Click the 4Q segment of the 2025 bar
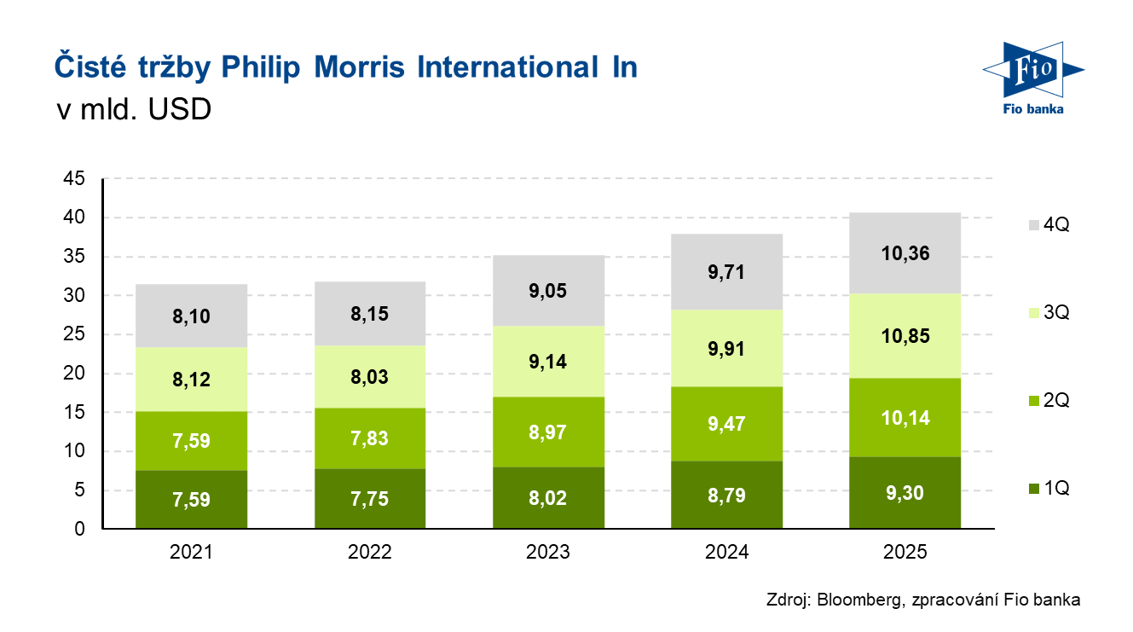coord(905,252)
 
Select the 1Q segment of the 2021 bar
coord(191,500)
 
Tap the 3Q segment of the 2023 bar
coord(548,361)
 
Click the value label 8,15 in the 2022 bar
coord(370,314)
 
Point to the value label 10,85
coord(905,335)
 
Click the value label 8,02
coord(548,499)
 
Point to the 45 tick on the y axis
coord(74,179)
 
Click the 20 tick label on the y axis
coord(74,374)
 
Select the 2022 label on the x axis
coord(370,553)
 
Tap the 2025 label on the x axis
coord(905,553)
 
